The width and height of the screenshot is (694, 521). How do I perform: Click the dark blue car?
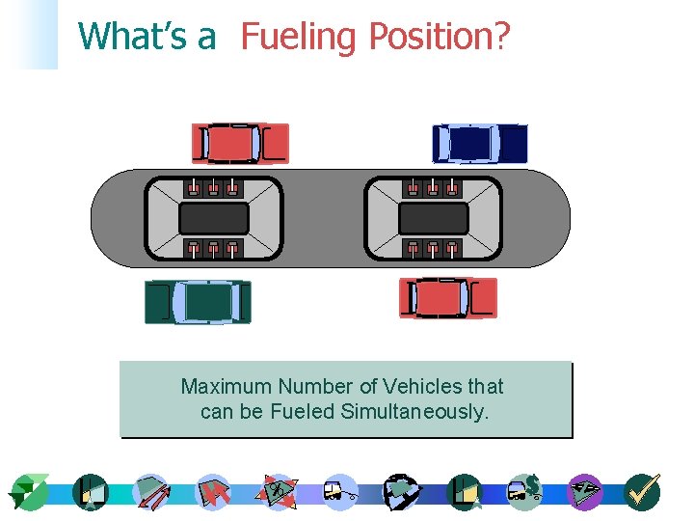click(480, 144)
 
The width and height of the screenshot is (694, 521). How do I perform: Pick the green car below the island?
click(199, 302)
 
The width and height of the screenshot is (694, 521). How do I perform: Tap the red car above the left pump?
click(240, 143)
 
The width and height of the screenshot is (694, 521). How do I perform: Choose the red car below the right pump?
click(448, 298)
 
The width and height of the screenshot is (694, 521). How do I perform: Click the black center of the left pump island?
click(214, 219)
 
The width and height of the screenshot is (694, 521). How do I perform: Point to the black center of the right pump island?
click(433, 219)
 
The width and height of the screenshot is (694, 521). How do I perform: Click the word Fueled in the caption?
click(312, 412)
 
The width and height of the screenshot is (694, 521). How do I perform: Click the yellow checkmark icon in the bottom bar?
click(642, 492)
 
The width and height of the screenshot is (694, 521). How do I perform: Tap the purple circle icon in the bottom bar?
click(584, 492)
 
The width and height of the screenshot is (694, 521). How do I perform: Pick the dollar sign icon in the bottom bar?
click(526, 491)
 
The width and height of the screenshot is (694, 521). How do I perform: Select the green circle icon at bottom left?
click(30, 492)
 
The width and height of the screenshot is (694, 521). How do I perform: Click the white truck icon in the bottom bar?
click(339, 492)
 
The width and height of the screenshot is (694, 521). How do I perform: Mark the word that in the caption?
click(486, 387)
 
